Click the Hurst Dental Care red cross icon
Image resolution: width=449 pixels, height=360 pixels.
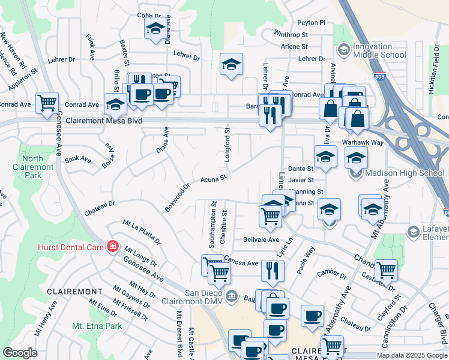point(112,246)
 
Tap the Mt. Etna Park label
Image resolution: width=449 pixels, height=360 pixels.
point(97,326)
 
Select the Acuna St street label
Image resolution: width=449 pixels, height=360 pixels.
point(213,178)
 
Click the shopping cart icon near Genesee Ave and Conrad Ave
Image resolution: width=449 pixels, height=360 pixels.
point(46,103)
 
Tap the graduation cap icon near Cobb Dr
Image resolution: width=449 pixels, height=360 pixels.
point(155,28)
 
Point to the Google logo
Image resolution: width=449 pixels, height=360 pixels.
point(20,353)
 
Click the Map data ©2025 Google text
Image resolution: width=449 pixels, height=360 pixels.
point(412,355)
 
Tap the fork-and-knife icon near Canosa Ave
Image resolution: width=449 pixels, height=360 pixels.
point(272,271)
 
